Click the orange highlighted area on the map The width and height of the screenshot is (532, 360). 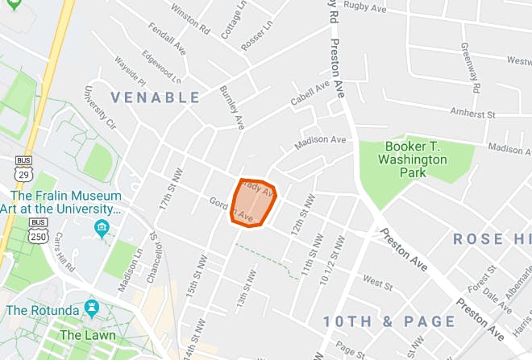click(254, 202)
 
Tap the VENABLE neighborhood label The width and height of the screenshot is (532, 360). click(155, 97)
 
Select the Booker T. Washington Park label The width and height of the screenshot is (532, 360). click(415, 153)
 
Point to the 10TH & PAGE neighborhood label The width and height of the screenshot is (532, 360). click(389, 321)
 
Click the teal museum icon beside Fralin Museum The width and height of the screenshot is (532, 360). click(101, 227)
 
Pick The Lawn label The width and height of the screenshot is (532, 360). click(87, 334)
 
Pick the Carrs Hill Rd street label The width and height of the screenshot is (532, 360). click(65, 254)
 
